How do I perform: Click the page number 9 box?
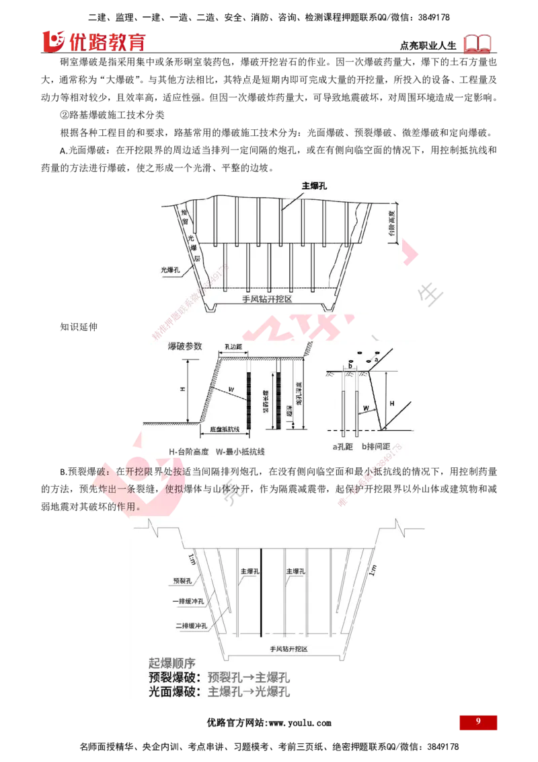coord(478,722)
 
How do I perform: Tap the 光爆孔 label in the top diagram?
coord(170,270)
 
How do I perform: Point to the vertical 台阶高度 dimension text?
coord(392,221)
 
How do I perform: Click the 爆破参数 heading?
coord(184,346)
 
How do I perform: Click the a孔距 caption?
coord(344,446)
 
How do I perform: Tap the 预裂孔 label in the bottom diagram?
coord(182,580)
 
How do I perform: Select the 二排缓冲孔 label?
coord(190,625)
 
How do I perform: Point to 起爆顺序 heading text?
coord(176,662)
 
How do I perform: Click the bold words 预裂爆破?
coord(174,677)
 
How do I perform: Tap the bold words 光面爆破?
coord(174,691)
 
